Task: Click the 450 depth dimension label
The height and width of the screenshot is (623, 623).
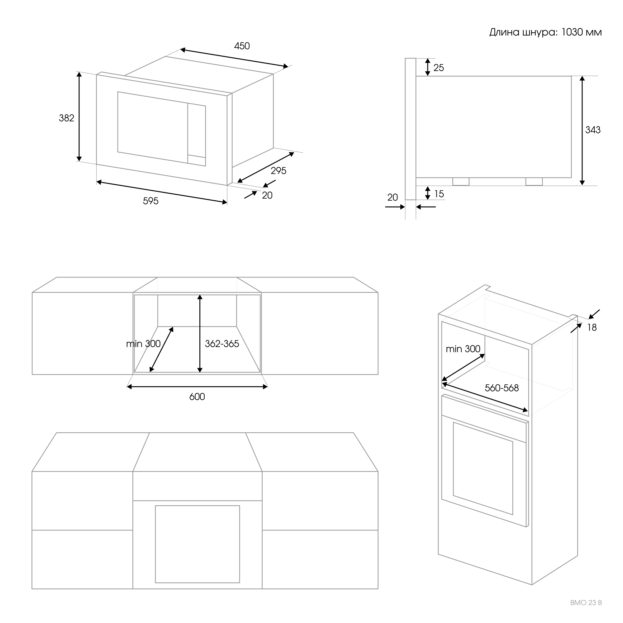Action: (x=242, y=46)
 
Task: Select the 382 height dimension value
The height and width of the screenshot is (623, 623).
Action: (x=66, y=118)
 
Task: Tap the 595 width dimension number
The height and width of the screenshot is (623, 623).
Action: (x=150, y=201)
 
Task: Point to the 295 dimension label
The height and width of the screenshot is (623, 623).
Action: (x=278, y=171)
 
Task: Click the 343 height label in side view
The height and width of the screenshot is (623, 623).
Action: (x=593, y=130)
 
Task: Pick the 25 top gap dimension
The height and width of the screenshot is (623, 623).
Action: (x=439, y=68)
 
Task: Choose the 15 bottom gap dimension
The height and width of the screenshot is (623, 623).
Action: (x=439, y=194)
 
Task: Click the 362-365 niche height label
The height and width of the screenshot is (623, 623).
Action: (x=222, y=344)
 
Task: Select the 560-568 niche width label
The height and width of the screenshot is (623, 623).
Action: (x=502, y=388)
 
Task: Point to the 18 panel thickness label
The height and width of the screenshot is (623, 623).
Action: (x=592, y=328)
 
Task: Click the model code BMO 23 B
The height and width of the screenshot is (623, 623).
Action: (x=586, y=603)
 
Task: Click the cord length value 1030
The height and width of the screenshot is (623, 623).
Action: (x=572, y=32)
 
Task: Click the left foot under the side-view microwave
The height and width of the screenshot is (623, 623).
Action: (x=461, y=182)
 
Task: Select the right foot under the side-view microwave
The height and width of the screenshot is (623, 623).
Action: (x=534, y=182)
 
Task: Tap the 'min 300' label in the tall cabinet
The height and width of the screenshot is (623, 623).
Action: (x=463, y=349)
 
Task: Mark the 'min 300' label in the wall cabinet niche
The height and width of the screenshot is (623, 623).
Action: (x=143, y=344)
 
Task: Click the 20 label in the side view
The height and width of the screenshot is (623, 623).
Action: (x=392, y=197)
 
